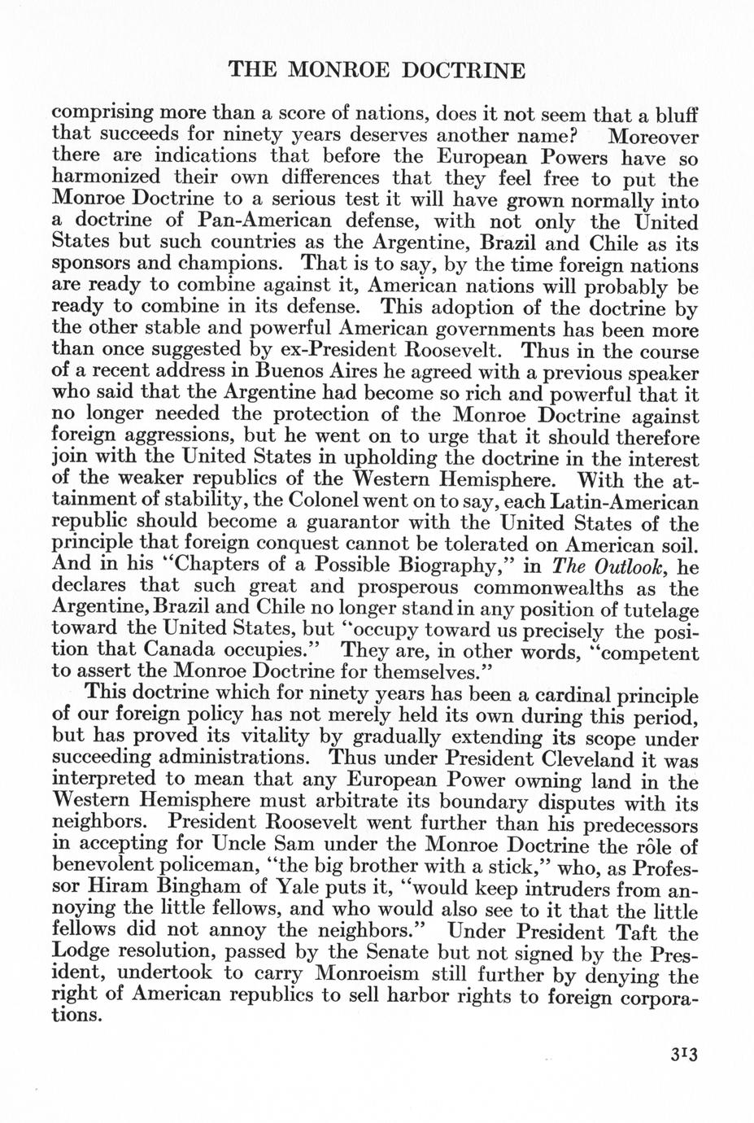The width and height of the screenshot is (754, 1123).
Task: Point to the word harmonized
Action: click(x=110, y=177)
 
